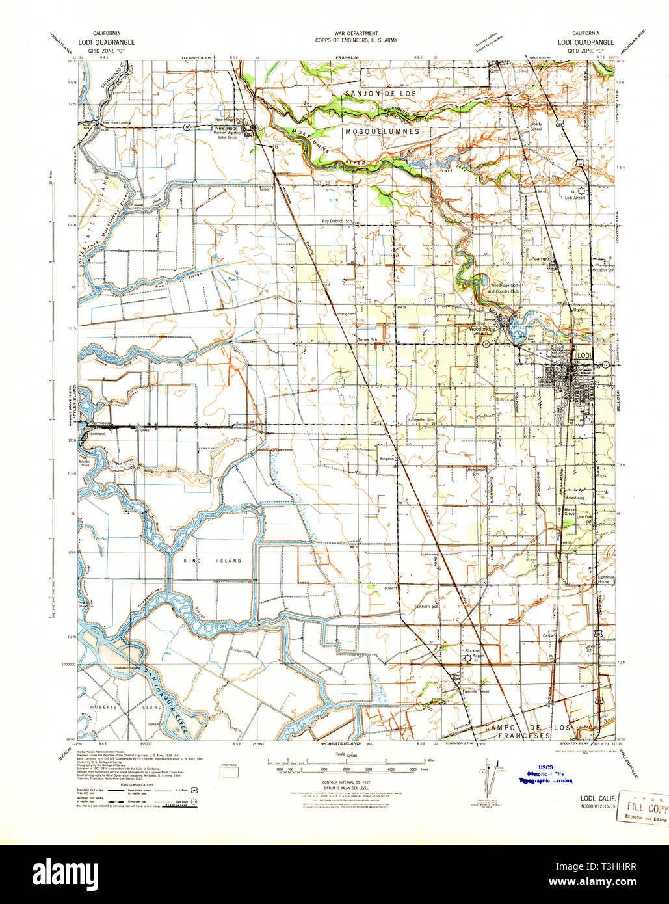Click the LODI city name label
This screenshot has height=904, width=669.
click(x=583, y=354)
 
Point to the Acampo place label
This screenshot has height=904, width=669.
click(x=541, y=258)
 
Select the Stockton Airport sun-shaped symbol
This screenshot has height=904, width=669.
click(x=466, y=659)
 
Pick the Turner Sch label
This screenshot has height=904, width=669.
click(x=367, y=340)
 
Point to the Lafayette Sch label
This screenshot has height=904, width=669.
click(x=420, y=420)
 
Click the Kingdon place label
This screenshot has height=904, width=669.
click(x=387, y=459)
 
